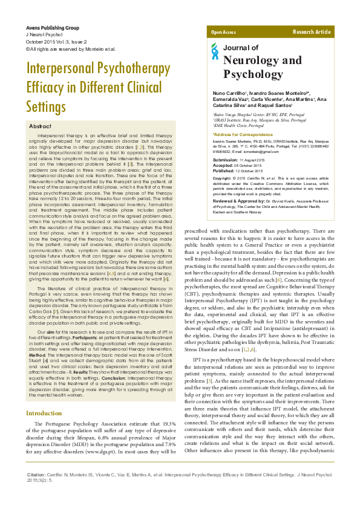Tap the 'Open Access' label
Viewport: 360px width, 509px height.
click(223, 31)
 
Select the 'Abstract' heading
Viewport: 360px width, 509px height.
click(41, 126)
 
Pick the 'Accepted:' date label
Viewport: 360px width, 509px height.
click(222, 165)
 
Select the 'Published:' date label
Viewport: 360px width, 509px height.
click(223, 170)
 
